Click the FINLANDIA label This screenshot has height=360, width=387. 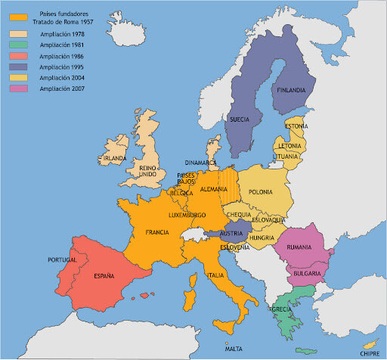point(292,90)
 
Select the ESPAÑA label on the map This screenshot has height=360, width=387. point(104,277)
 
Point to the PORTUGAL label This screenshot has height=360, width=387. point(63,259)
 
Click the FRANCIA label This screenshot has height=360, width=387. point(157,232)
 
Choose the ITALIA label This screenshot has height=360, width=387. point(216,275)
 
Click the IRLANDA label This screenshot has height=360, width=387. point(115,157)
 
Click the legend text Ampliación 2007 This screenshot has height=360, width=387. point(63,88)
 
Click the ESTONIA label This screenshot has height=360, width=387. point(296,126)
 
